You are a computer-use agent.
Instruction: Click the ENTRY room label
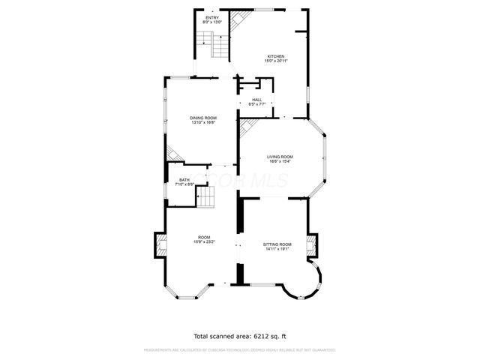(x=212, y=16)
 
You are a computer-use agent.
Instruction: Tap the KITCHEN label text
(x=276, y=56)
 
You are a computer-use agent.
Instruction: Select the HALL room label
(x=257, y=100)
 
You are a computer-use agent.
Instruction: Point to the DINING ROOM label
(x=202, y=118)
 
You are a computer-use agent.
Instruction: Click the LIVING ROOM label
(x=280, y=156)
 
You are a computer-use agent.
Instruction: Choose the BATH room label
(x=184, y=180)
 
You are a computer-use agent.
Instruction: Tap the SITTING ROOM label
(x=277, y=244)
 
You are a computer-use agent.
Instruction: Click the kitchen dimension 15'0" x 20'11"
(x=276, y=61)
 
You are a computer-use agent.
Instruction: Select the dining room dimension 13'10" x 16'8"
(x=202, y=122)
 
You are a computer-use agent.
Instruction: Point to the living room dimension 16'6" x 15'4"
(x=280, y=160)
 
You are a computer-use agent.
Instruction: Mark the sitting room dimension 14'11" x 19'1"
(x=277, y=249)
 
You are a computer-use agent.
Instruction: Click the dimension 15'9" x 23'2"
(x=204, y=242)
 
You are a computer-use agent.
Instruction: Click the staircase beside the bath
(x=205, y=197)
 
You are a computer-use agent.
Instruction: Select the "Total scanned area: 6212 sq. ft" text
(x=240, y=336)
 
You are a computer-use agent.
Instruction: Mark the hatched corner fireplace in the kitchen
(x=236, y=21)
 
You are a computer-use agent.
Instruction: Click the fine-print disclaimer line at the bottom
(x=240, y=349)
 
